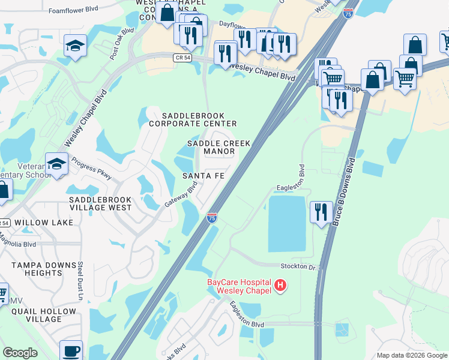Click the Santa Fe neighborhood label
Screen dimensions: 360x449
pyautogui.click(x=203, y=175)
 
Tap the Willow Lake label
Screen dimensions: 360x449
pyautogui.click(x=44, y=222)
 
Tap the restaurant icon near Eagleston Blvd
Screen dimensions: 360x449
pyautogui.click(x=321, y=212)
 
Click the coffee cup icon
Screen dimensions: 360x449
pyautogui.click(x=71, y=351)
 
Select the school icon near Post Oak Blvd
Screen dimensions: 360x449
pyautogui.click(x=75, y=46)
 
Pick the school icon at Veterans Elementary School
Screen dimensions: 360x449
pyautogui.click(x=56, y=164)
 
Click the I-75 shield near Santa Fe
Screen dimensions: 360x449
pyautogui.click(x=211, y=218)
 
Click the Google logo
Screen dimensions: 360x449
pyautogui.click(x=20, y=353)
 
